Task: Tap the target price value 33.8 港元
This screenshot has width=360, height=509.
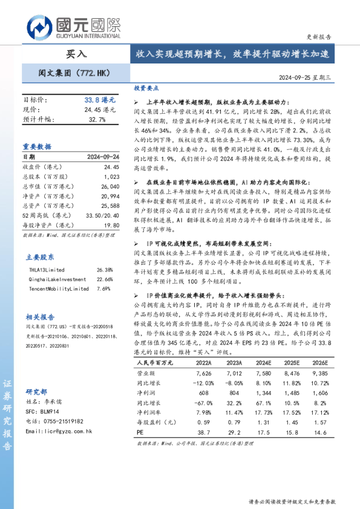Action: (99, 100)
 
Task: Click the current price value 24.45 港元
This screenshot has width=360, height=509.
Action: (100, 109)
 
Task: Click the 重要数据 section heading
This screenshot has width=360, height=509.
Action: (37, 146)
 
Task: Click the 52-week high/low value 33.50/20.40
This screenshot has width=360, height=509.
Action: (103, 215)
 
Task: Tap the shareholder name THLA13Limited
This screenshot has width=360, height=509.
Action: (47, 270)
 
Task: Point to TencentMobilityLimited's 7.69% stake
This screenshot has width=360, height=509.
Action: (103, 289)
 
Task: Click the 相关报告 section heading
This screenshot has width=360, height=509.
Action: (40, 317)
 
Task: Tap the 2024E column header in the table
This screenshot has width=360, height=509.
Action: (262, 363)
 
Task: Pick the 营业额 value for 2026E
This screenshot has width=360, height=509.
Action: (319, 374)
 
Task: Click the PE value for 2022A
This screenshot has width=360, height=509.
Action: (203, 433)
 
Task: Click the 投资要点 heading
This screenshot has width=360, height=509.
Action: (146, 88)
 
